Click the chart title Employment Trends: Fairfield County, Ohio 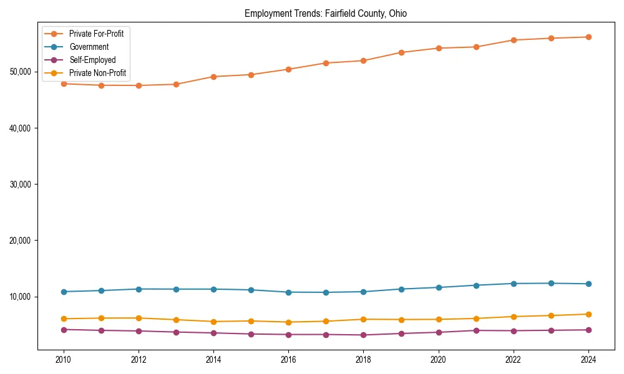(x=326, y=14)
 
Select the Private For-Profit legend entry (x=96, y=34)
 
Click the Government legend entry (x=89, y=47)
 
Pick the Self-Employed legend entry (x=92, y=60)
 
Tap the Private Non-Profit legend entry (x=97, y=73)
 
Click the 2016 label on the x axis (x=288, y=360)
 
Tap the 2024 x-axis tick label (x=588, y=360)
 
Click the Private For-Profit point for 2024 (x=588, y=37)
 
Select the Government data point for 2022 (x=514, y=284)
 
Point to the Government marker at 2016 (x=288, y=292)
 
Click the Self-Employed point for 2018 (x=363, y=335)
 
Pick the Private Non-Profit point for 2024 (x=588, y=314)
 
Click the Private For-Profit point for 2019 (x=401, y=52)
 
